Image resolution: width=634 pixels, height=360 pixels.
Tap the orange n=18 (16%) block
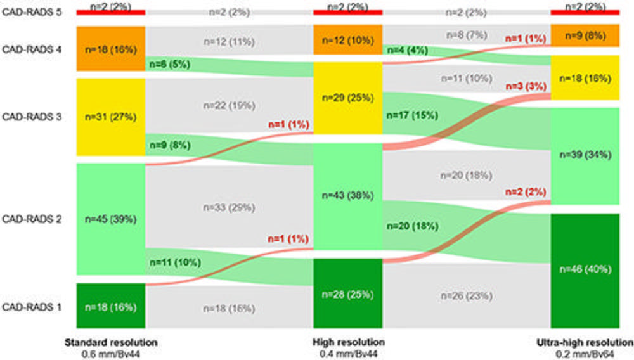pyautogui.click(x=110, y=48)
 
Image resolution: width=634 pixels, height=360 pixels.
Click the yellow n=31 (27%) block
pyautogui.click(x=110, y=117)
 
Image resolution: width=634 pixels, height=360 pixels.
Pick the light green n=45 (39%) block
pyautogui.click(x=110, y=219)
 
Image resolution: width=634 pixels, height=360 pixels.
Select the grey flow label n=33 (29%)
pyautogui.click(x=229, y=207)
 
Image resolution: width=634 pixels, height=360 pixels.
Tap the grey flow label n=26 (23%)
pyautogui.click(x=466, y=296)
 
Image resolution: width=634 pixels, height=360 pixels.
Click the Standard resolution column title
pyautogui.click(x=110, y=342)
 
